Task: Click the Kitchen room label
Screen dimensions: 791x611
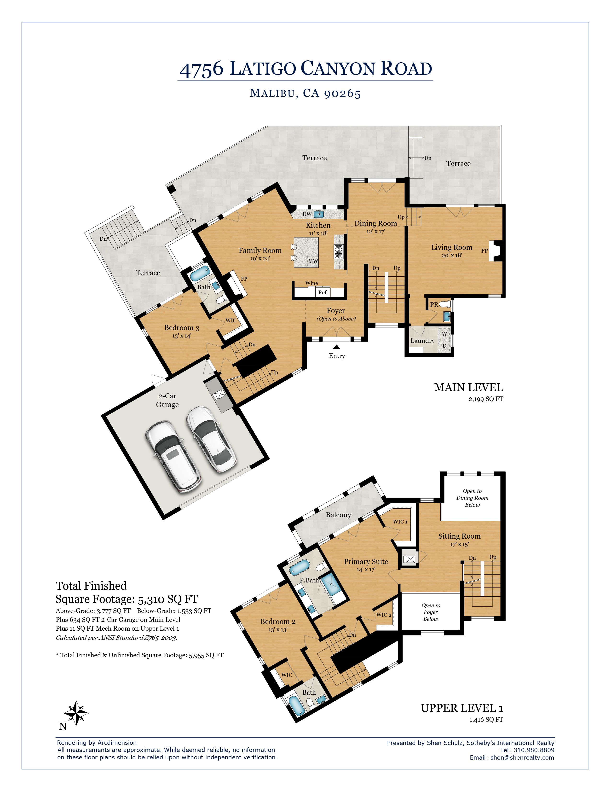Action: coord(318,225)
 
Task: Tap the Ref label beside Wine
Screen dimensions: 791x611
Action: coord(322,292)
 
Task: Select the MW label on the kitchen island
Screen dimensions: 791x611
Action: coord(313,261)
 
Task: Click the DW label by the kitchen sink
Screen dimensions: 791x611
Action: coord(307,214)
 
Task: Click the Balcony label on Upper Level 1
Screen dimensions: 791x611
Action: coord(338,515)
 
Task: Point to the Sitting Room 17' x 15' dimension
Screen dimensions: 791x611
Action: coord(459,544)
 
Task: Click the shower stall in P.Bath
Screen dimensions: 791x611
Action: coord(331,584)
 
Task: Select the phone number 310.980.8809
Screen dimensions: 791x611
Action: coord(534,750)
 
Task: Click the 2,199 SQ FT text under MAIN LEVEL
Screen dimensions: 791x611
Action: coord(485,399)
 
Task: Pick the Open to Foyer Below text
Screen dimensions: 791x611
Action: coord(430,612)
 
